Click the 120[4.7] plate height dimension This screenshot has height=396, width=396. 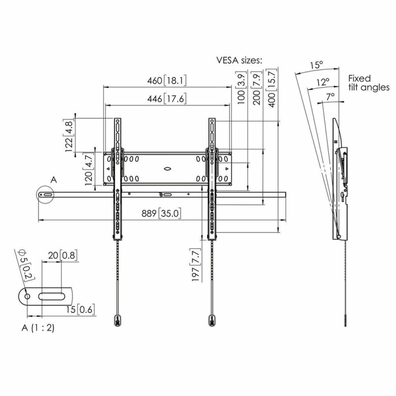(89, 170)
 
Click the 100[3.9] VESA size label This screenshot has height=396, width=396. (241, 90)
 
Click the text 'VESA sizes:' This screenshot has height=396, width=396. (239, 61)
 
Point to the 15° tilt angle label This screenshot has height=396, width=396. (316, 65)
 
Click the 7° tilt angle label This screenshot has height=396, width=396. (330, 95)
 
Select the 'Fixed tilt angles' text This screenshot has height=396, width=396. (368, 83)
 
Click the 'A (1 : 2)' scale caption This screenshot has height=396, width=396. (37, 328)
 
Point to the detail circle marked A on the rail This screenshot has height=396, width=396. (46, 194)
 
